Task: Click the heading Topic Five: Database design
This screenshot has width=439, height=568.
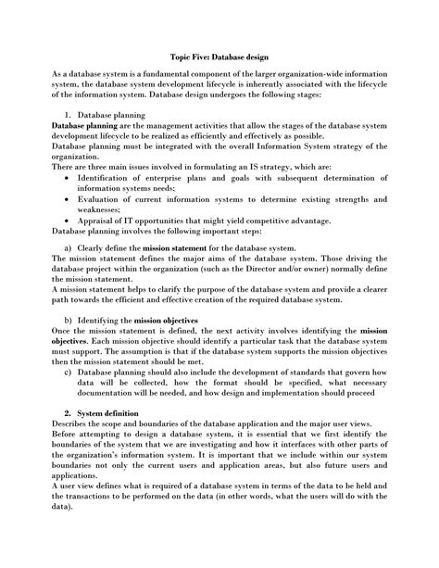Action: pos(219,56)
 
